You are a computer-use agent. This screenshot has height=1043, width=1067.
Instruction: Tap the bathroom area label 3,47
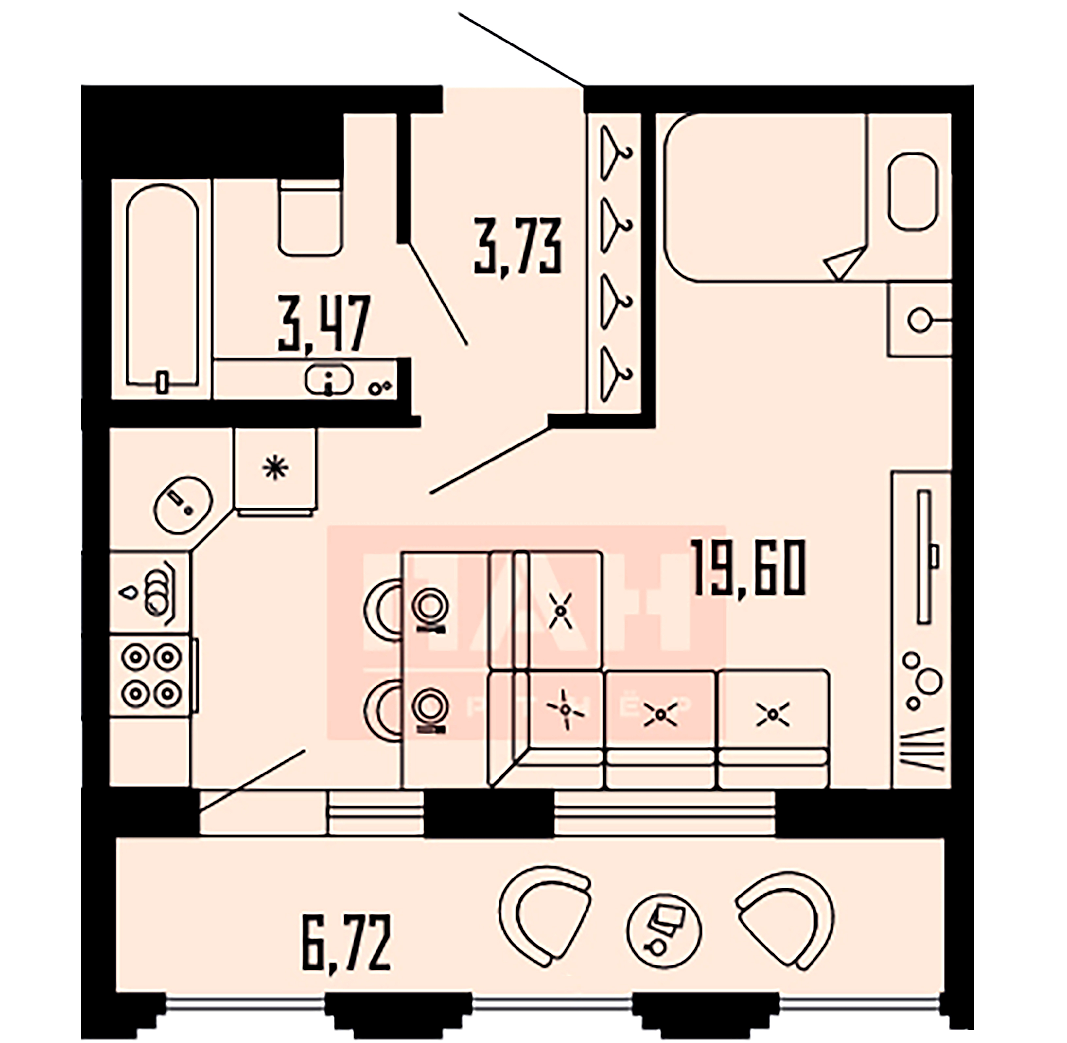tap(324, 323)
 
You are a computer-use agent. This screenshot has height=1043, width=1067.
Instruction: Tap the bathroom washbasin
tap(329, 378)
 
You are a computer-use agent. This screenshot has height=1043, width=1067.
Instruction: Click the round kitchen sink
tap(183, 504)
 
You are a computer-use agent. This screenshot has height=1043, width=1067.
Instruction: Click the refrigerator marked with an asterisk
tap(275, 469)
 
